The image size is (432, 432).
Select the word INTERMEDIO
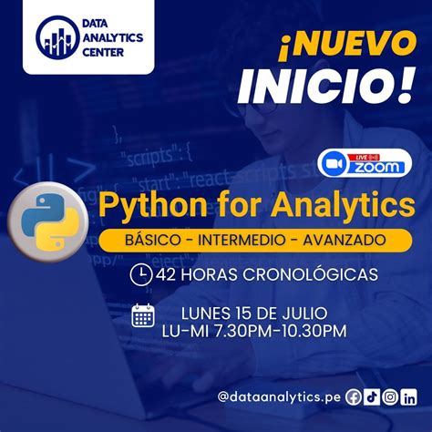(x=241, y=240)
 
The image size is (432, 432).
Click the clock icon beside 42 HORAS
(x=141, y=273)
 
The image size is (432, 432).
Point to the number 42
(x=165, y=273)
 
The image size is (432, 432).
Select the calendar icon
(x=142, y=315)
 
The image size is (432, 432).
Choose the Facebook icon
(x=354, y=396)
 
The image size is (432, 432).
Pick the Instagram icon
(x=390, y=396)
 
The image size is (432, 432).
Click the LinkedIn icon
(x=409, y=396)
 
